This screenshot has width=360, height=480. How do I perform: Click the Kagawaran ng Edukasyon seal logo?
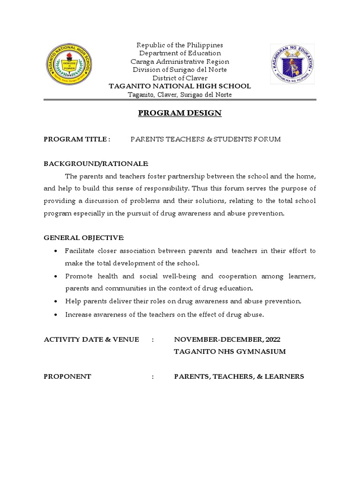tap(292, 64)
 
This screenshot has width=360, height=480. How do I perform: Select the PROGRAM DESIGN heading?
tap(180, 113)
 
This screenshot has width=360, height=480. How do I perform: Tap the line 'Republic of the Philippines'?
tap(180, 45)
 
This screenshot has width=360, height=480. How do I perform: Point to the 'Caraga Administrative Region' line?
tap(180, 61)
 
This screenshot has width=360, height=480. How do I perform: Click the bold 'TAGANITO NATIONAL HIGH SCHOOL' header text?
tap(180, 86)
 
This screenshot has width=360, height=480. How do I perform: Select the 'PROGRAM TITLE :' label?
tap(77, 139)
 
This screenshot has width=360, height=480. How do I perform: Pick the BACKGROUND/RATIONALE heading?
tap(96, 163)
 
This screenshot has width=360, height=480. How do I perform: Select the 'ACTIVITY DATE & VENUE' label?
tap(91, 339)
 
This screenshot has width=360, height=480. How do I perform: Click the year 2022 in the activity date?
tap(272, 339)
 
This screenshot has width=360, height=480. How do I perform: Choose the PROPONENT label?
tap(67, 376)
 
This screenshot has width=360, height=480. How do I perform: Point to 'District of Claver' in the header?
tap(180, 78)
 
